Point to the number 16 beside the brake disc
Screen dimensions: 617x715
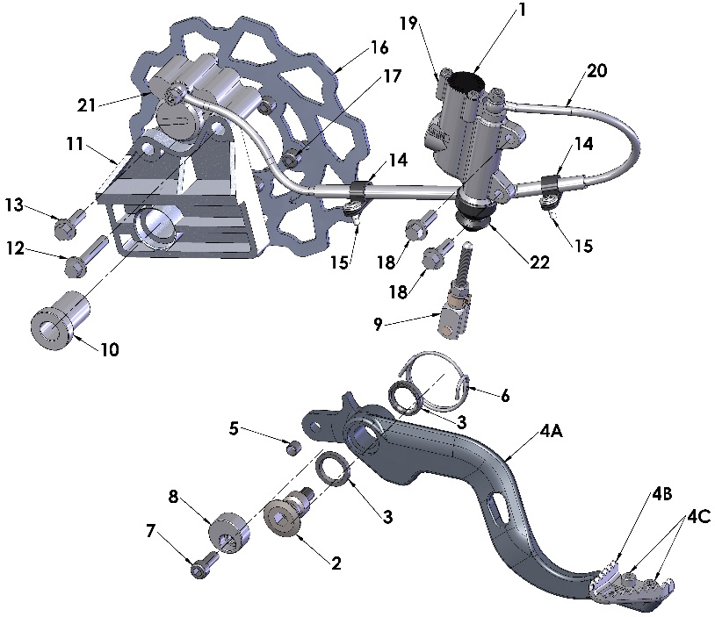tap(379, 47)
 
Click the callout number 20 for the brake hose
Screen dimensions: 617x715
tap(596, 73)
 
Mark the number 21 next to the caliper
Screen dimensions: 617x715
tap(84, 106)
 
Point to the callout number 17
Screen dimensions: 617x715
tap(391, 77)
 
